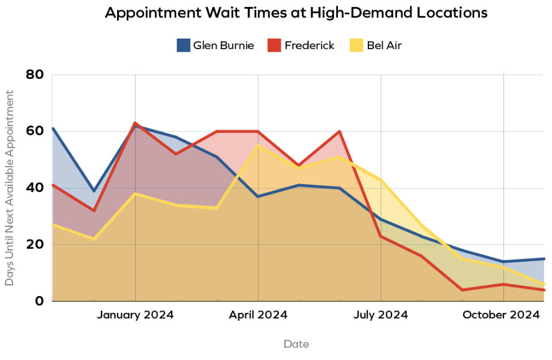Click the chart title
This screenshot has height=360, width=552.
296,13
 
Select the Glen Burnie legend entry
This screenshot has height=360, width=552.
215,45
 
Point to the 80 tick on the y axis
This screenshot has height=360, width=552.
34,75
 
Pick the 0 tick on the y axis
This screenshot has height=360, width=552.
39,301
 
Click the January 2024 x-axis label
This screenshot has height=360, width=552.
135,315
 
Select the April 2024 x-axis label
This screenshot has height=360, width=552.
258,315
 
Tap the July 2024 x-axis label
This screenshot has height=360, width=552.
380,315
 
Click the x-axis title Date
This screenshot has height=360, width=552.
296,344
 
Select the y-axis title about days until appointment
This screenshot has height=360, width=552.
9,188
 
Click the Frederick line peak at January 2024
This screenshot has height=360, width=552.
135,123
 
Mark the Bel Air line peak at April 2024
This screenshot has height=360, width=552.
258,145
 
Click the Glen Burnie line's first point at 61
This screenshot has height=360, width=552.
53,129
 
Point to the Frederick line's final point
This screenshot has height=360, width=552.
544,290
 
